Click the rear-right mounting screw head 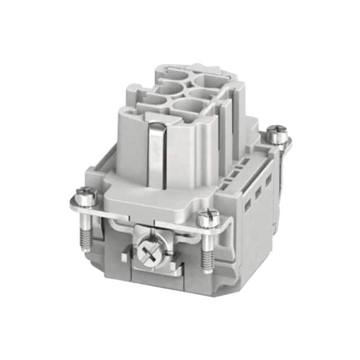point(276,134)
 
